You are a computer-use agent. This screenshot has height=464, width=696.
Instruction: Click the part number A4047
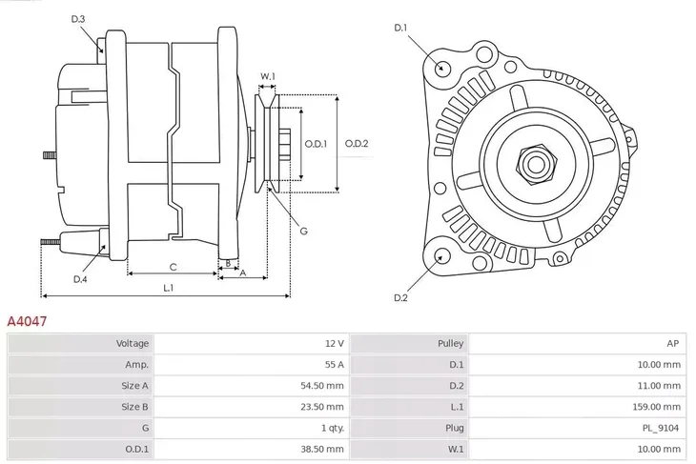coord(27,323)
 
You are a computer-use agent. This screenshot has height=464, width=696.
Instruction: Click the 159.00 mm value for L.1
coord(658,407)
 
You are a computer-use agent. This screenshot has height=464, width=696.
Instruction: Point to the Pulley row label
coord(450,343)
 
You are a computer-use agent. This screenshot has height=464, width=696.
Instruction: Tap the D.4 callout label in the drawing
coord(80,279)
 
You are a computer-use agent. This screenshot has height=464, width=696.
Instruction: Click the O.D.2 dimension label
coord(357,144)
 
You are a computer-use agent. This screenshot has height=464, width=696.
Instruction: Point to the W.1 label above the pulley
coord(268,76)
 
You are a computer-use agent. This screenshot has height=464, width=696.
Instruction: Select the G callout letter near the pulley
coord(303,231)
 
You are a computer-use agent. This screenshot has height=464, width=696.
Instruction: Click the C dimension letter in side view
coord(173,267)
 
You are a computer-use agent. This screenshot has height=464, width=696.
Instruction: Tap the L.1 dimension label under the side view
coord(167,288)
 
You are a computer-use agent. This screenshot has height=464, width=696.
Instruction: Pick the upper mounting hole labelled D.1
coord(441,68)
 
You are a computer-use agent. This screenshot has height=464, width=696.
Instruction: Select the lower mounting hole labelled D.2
coord(440,255)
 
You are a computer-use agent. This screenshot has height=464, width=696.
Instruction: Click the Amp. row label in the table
coord(136,364)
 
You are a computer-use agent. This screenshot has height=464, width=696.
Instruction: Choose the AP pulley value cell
coord(673,343)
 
